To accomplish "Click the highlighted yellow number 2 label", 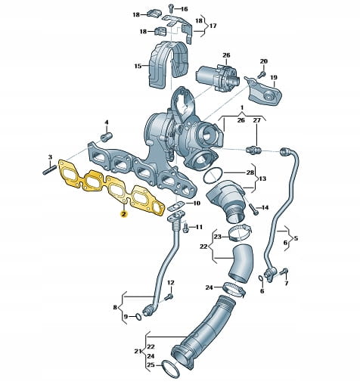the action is pyautogui.click(x=124, y=214).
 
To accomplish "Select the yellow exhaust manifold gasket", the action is pyautogui.click(x=111, y=188).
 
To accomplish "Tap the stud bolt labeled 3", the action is pyautogui.click(x=49, y=169).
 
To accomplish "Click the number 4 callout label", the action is pyautogui.click(x=107, y=123).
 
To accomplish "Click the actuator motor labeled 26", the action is pyautogui.click(x=217, y=77).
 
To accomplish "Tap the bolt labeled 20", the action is pyautogui.click(x=262, y=74).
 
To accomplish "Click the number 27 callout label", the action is pyautogui.click(x=256, y=120).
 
